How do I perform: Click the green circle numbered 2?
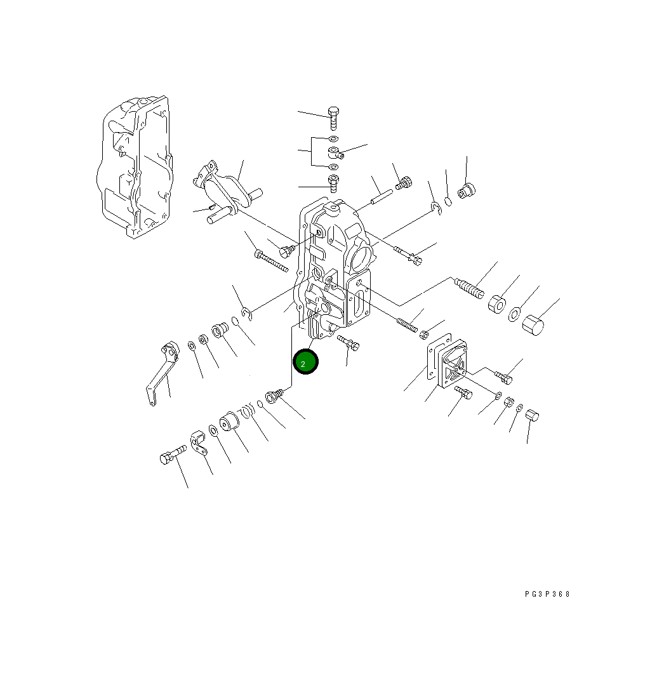[x=305, y=361]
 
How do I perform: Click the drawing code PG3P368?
[x=547, y=594]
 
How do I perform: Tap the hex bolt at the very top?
[x=333, y=118]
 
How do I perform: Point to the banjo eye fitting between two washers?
[x=336, y=153]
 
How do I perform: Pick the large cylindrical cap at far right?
[x=533, y=325]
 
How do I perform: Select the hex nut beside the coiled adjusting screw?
[x=497, y=303]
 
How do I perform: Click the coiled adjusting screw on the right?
[x=469, y=288]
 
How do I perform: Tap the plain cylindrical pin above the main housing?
[x=382, y=197]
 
